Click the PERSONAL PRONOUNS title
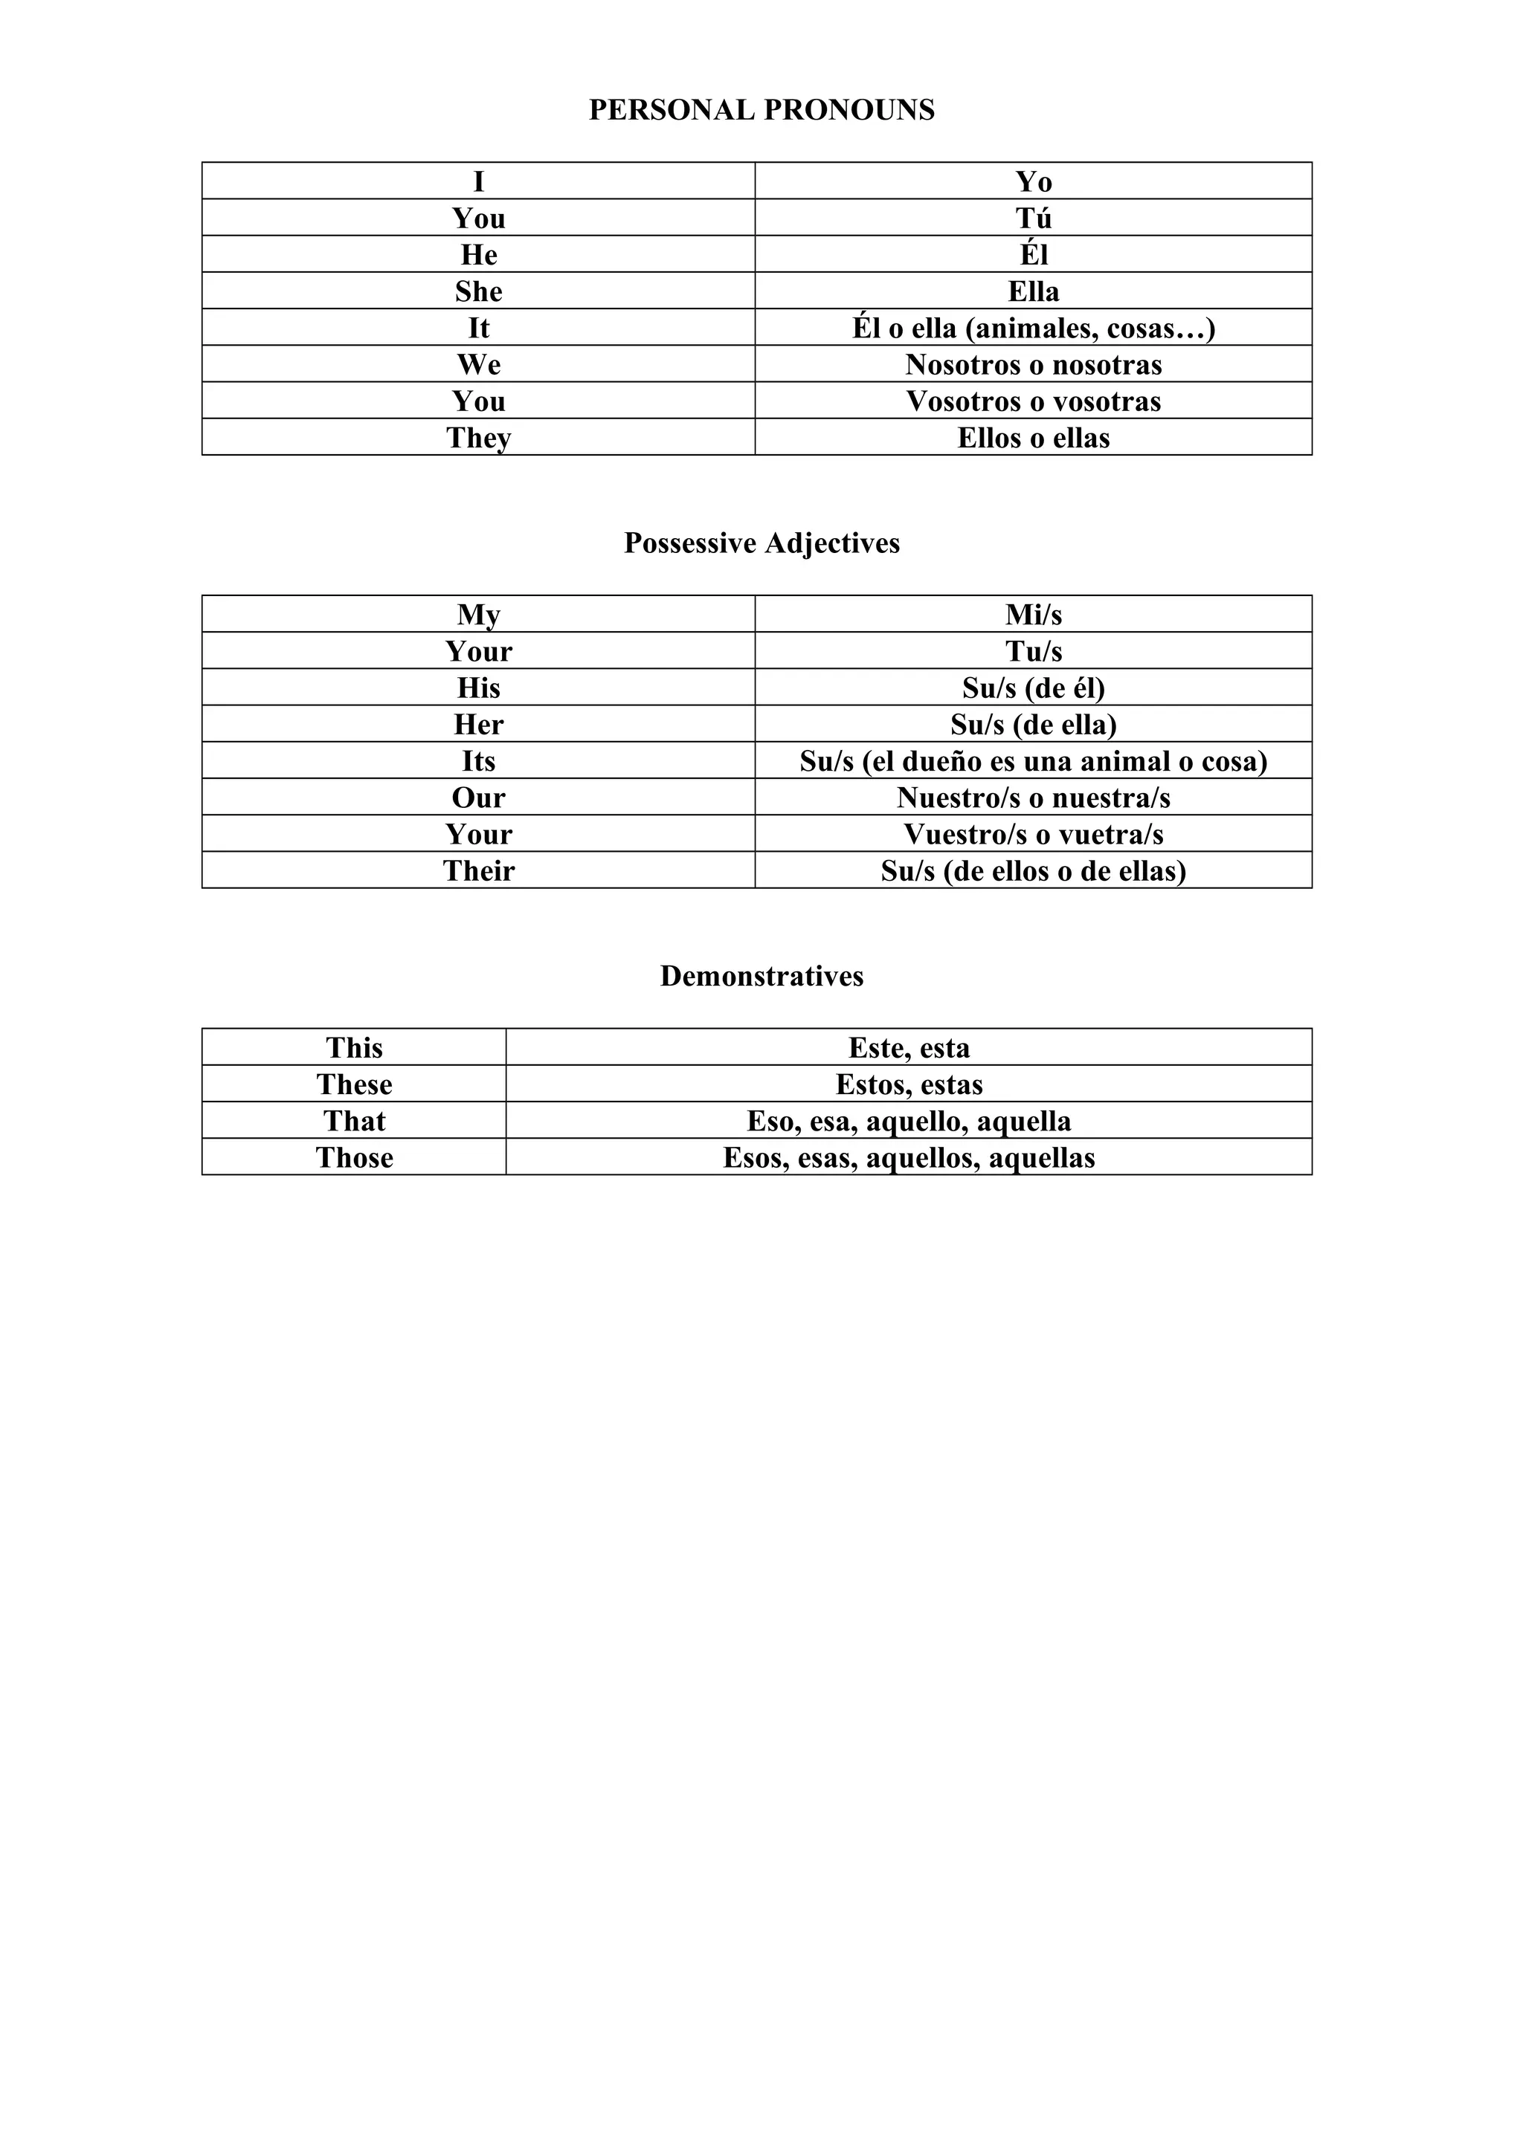pos(761,110)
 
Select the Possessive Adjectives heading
pos(761,543)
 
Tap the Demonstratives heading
pos(761,976)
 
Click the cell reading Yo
pos(1033,181)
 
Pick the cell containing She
pos(479,291)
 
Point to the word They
pos(479,437)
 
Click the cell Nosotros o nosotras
pos(1033,364)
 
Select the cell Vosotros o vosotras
pos(1033,401)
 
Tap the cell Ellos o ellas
pos(1033,437)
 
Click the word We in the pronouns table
pos(479,364)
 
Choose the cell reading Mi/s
pos(1033,615)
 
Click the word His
pos(479,688)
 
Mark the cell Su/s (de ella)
pos(1033,724)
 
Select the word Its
pos(479,761)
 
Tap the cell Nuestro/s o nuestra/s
pos(1033,798)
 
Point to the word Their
pos(479,870)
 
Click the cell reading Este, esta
pos(908,1047)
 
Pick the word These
pos(354,1084)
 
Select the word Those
pos(354,1157)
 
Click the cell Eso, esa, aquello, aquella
pos(908,1120)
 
